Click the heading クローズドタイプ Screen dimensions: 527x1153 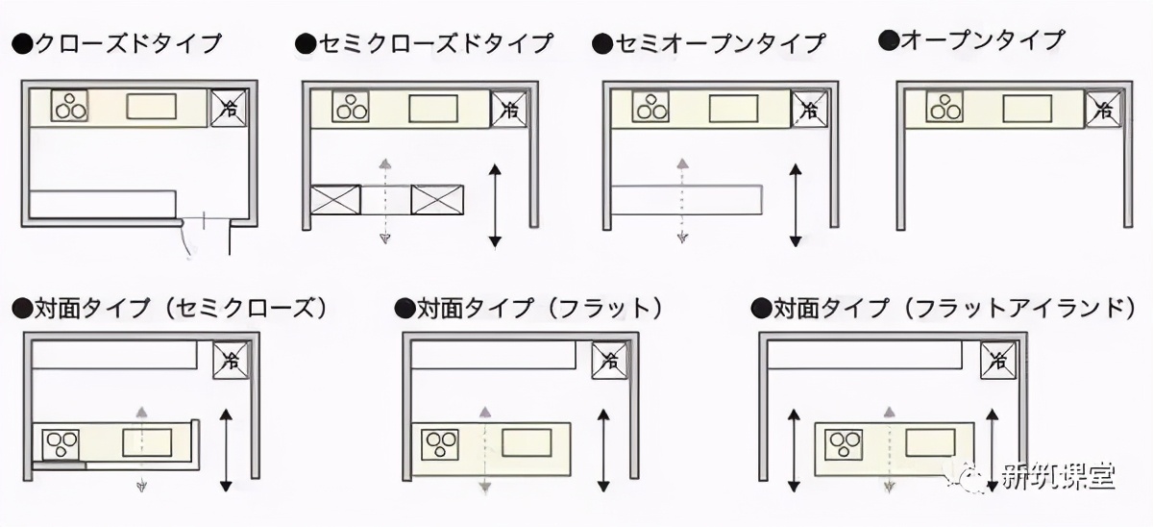coord(116,43)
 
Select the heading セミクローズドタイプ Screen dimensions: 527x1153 coord(425,43)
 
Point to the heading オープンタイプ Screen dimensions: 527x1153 coord(971,40)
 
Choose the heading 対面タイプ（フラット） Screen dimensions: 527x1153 coord(529,309)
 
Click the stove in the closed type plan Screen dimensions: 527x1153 coord(70,106)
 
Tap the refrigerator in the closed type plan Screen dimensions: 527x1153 coord(229,108)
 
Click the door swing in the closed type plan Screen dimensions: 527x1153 coord(188,240)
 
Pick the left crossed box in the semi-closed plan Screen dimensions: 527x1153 coord(336,199)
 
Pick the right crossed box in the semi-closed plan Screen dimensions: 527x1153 coord(438,199)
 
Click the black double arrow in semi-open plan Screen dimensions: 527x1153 coord(795,205)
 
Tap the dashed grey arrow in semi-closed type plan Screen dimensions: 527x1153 coord(384,200)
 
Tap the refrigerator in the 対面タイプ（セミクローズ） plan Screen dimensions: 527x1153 coord(231,361)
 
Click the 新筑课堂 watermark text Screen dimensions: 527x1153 coord(1056,478)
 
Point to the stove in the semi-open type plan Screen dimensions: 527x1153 coord(650,108)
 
